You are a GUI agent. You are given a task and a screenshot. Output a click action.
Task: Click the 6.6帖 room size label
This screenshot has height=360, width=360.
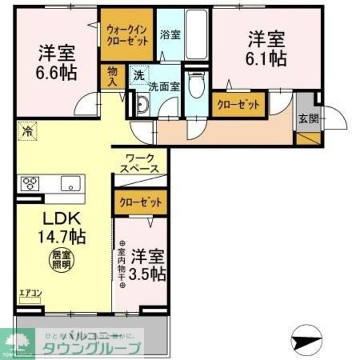[57, 73]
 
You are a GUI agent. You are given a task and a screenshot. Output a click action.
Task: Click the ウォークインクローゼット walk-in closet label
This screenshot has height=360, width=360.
[127, 35]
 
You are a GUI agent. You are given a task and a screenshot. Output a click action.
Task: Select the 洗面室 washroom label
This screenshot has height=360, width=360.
[164, 87]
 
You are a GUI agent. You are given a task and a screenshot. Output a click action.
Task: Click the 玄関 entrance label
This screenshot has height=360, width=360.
[307, 119]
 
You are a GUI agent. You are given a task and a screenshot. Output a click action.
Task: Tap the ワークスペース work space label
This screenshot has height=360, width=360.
[141, 163]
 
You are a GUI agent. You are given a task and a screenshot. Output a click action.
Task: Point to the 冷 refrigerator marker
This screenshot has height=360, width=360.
[26, 132]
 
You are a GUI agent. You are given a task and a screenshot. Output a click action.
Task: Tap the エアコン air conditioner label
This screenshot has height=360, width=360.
[30, 292]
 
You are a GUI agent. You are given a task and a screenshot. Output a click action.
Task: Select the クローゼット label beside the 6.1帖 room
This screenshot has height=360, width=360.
[238, 105]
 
